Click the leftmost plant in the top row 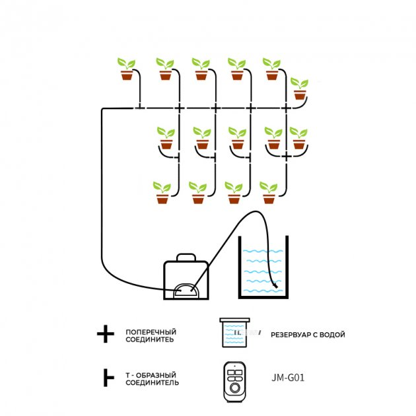(127, 69)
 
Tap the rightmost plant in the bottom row (269, 192)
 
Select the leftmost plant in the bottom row (162, 192)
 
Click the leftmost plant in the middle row (166, 138)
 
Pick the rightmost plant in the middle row (298, 138)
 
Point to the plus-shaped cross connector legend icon (105, 334)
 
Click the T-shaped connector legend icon (106, 378)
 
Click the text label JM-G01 (288, 378)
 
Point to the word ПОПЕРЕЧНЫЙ (151, 331)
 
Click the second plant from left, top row (164, 69)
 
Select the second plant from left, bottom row (197, 192)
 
